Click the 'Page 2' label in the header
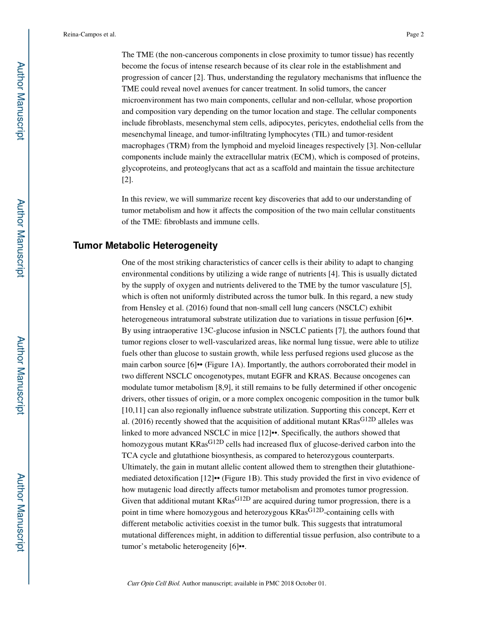414,35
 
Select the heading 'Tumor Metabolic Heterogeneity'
145,246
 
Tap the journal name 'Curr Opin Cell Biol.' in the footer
153,583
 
